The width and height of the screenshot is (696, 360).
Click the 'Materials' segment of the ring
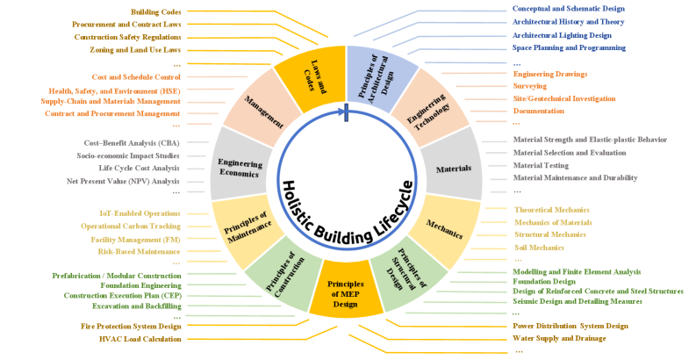point(453,167)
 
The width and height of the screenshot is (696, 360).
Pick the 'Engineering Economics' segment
point(238,167)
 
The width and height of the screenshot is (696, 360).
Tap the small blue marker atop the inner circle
point(348,111)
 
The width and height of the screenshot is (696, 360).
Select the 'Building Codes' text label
point(156,12)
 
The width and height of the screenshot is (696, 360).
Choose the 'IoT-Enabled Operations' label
point(140,214)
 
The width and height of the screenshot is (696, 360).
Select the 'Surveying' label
point(530,86)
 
